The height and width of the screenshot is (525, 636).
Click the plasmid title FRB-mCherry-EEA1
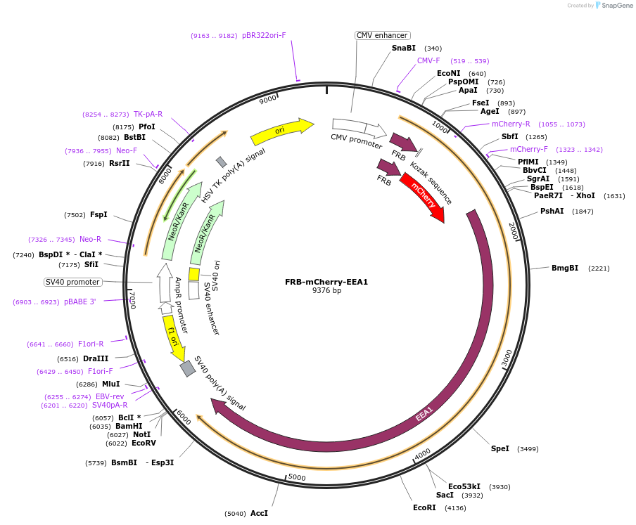[326, 282]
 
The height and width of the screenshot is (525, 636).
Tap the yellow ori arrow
[281, 130]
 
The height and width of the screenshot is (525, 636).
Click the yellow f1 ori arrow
[173, 338]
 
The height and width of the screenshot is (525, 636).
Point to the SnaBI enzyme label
[404, 48]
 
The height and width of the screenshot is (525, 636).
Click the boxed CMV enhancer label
[382, 35]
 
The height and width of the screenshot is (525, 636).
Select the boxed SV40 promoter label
[72, 282]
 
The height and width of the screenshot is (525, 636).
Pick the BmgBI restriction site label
[565, 268]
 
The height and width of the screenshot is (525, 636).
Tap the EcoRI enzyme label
[424, 507]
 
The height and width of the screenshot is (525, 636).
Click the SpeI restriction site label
[500, 448]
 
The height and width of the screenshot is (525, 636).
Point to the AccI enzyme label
[259, 513]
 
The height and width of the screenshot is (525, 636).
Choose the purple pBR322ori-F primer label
[264, 35]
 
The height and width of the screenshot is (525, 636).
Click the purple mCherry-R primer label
[511, 124]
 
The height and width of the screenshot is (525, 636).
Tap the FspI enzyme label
[98, 214]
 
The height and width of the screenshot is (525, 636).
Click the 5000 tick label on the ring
[298, 478]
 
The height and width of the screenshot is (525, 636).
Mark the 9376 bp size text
[326, 290]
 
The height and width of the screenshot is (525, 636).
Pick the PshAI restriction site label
[552, 211]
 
